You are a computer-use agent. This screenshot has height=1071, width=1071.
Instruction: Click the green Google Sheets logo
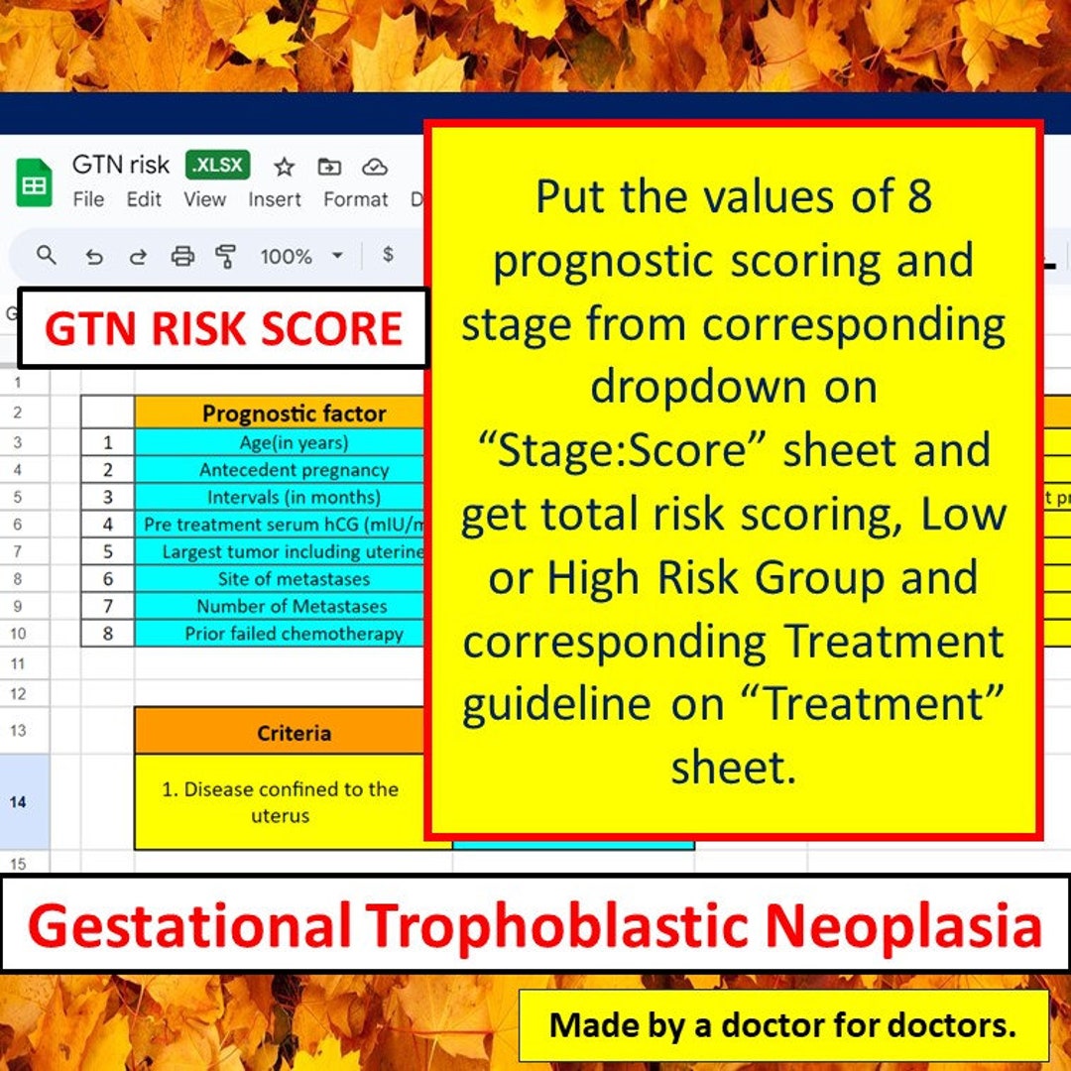pyautogui.click(x=35, y=182)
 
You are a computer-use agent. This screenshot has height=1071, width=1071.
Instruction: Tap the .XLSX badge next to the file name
pyautogui.click(x=218, y=165)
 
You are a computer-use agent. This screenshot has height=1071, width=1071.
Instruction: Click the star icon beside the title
pyautogui.click(x=285, y=167)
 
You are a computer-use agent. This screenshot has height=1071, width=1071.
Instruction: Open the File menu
pyautogui.click(x=88, y=199)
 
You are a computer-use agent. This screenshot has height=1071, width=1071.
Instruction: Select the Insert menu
pyautogui.click(x=275, y=199)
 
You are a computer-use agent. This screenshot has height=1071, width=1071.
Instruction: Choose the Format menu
pyautogui.click(x=355, y=199)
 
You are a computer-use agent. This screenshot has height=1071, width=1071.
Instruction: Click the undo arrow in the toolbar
pyautogui.click(x=94, y=257)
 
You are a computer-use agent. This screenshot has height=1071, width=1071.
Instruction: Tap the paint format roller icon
pyautogui.click(x=227, y=257)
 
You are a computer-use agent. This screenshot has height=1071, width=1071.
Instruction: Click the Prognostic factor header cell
pyautogui.click(x=294, y=414)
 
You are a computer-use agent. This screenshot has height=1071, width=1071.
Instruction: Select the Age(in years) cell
pyautogui.click(x=294, y=442)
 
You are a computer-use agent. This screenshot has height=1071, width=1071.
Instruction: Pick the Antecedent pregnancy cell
pyautogui.click(x=294, y=470)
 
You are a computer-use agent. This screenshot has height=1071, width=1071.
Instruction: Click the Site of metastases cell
pyautogui.click(x=294, y=579)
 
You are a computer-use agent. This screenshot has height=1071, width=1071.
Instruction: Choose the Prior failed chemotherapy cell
pyautogui.click(x=294, y=634)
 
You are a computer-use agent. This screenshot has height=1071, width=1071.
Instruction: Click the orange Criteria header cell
pyautogui.click(x=294, y=733)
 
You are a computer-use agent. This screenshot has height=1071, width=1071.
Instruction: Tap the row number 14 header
pyautogui.click(x=18, y=801)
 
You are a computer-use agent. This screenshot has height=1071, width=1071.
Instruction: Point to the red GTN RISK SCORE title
pyautogui.click(x=223, y=328)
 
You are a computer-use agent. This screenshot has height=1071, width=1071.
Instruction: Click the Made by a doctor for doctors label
pyautogui.click(x=782, y=1024)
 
